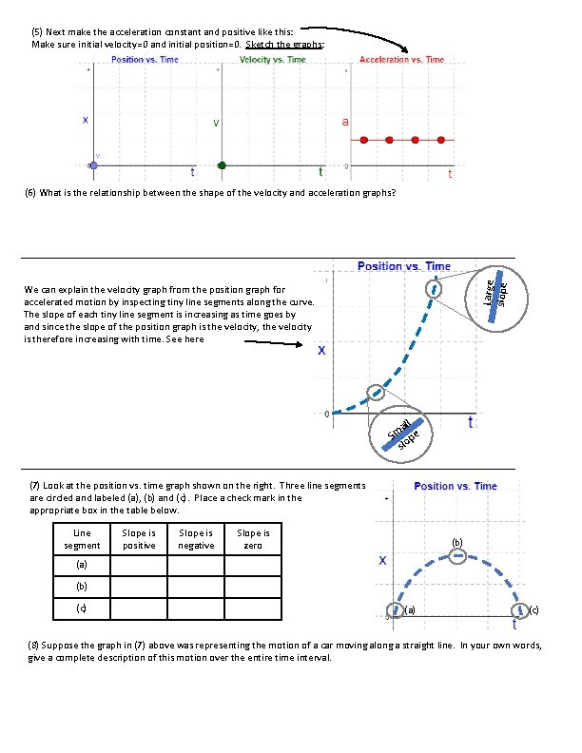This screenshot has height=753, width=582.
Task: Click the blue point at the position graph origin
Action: (93, 165)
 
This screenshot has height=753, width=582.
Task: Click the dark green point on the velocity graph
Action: (222, 165)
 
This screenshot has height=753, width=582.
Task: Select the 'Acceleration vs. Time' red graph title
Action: (401, 59)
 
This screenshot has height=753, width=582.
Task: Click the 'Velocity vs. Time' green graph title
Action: (273, 59)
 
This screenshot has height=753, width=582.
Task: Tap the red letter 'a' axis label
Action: (344, 122)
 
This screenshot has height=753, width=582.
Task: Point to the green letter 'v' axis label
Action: (216, 123)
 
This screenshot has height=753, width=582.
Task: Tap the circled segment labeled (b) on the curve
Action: (456, 556)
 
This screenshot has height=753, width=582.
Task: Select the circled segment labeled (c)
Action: (519, 609)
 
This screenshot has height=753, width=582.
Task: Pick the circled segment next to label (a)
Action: (395, 609)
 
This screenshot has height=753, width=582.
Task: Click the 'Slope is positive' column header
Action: (140, 539)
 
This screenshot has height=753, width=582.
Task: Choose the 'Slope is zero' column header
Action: (254, 539)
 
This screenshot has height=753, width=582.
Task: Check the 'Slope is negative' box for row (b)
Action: (197, 587)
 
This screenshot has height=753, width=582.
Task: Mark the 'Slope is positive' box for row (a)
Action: (140, 566)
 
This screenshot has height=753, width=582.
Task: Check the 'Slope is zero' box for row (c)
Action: (254, 608)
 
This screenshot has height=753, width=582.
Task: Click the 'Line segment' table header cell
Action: (82, 539)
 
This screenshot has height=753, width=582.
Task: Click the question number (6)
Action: (31, 193)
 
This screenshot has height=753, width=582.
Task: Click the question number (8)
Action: (31, 645)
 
